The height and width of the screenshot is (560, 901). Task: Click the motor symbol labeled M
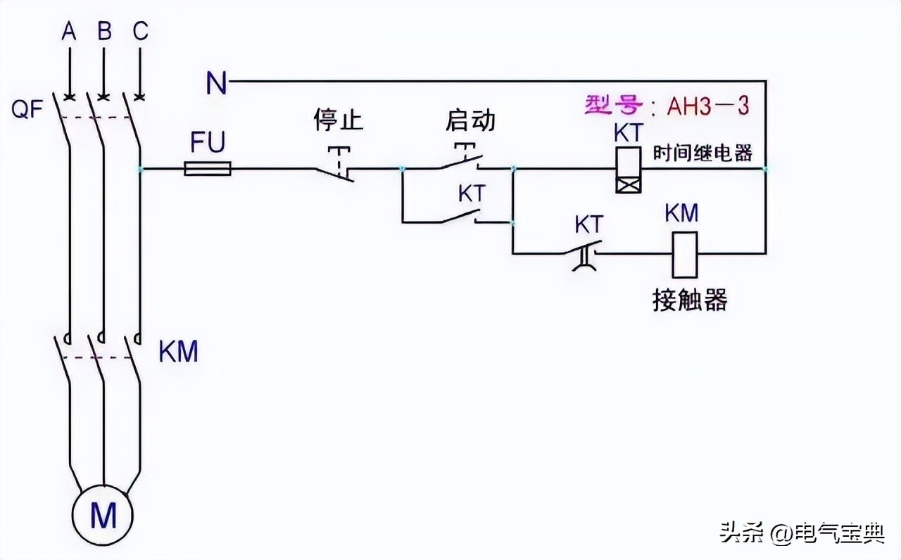pyautogui.click(x=103, y=516)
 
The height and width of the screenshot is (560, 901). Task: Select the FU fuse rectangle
pyautogui.click(x=208, y=169)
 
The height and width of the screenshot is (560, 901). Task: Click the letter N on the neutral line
pyautogui.click(x=216, y=83)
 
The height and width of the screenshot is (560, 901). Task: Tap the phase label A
pyautogui.click(x=68, y=32)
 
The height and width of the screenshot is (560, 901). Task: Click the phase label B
pyautogui.click(x=104, y=32)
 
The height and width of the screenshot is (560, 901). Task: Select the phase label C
pyautogui.click(x=140, y=32)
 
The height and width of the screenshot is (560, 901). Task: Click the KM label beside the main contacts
pyautogui.click(x=178, y=352)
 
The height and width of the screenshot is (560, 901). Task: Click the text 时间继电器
pyautogui.click(x=702, y=153)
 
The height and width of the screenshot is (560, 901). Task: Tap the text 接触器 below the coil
pyautogui.click(x=688, y=300)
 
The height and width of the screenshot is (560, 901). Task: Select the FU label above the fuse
pyautogui.click(x=208, y=144)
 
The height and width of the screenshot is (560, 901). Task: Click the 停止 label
pyautogui.click(x=338, y=120)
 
